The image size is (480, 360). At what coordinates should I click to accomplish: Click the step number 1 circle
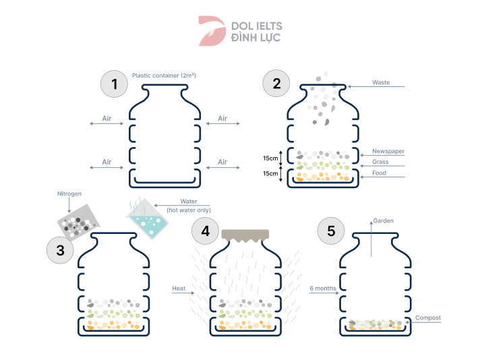click(115, 84)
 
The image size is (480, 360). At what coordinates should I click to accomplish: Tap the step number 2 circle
click(276, 84)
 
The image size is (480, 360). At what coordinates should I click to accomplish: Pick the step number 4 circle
click(206, 231)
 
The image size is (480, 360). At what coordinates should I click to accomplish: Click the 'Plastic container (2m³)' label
click(164, 76)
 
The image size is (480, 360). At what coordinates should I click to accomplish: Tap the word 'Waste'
click(381, 83)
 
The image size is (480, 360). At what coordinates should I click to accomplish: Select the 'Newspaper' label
click(388, 151)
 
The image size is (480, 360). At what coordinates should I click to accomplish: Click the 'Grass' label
click(380, 162)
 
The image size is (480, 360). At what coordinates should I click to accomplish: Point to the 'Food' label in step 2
click(379, 173)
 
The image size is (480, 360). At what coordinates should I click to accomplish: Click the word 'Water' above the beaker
click(189, 201)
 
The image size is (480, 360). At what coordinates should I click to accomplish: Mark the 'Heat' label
click(179, 289)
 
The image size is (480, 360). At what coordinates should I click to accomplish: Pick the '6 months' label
click(323, 289)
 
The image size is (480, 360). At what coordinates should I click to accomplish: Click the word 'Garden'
click(384, 220)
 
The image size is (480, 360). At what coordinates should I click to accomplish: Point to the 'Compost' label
click(428, 318)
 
